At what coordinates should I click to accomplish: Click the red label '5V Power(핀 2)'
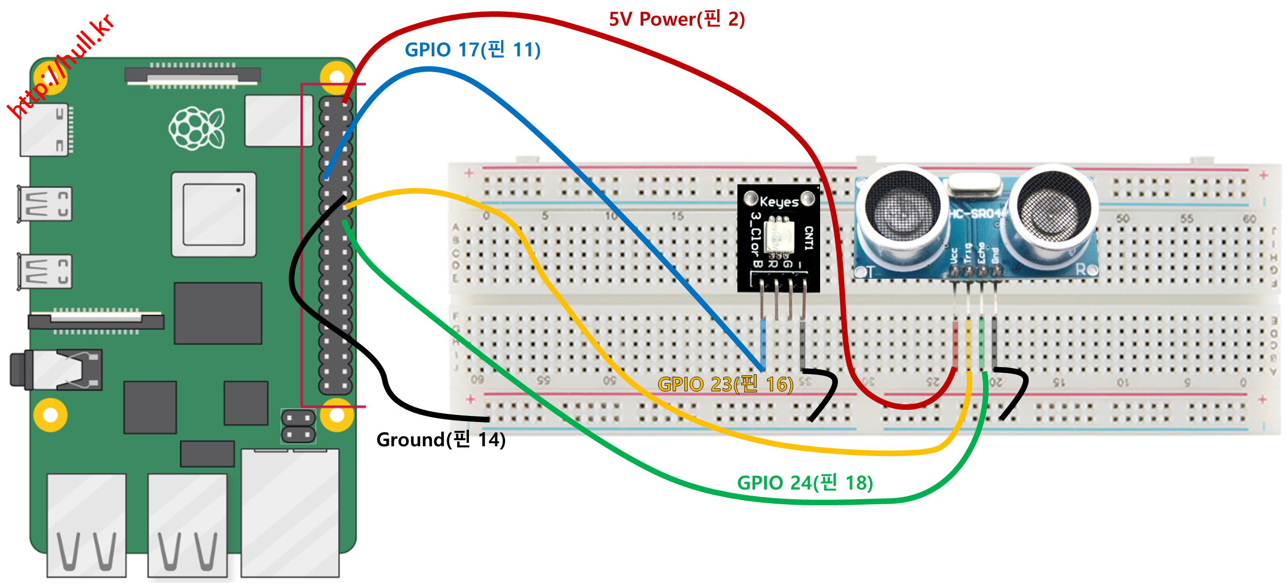pos(676,19)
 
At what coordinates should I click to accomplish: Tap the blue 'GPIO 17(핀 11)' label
pos(472,50)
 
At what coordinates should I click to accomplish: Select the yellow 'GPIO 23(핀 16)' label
pos(725,384)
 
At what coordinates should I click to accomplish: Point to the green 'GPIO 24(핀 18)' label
pos(805,482)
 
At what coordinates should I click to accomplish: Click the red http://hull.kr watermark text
pos(61,66)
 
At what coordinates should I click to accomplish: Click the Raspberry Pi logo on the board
pos(197,128)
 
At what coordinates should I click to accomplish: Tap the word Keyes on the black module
pos(779,202)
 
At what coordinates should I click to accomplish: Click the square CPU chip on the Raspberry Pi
pos(214,214)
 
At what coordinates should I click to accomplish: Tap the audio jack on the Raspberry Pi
pos(56,370)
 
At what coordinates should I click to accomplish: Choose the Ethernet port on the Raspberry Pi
pos(290,513)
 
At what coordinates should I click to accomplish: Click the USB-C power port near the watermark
pos(45,131)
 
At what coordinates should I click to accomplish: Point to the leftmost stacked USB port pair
pos(86,526)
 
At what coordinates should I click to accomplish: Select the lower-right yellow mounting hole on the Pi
pos(336,415)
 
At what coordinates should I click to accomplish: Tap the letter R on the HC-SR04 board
pos(1081,270)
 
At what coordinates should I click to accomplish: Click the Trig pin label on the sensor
pos(968,253)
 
